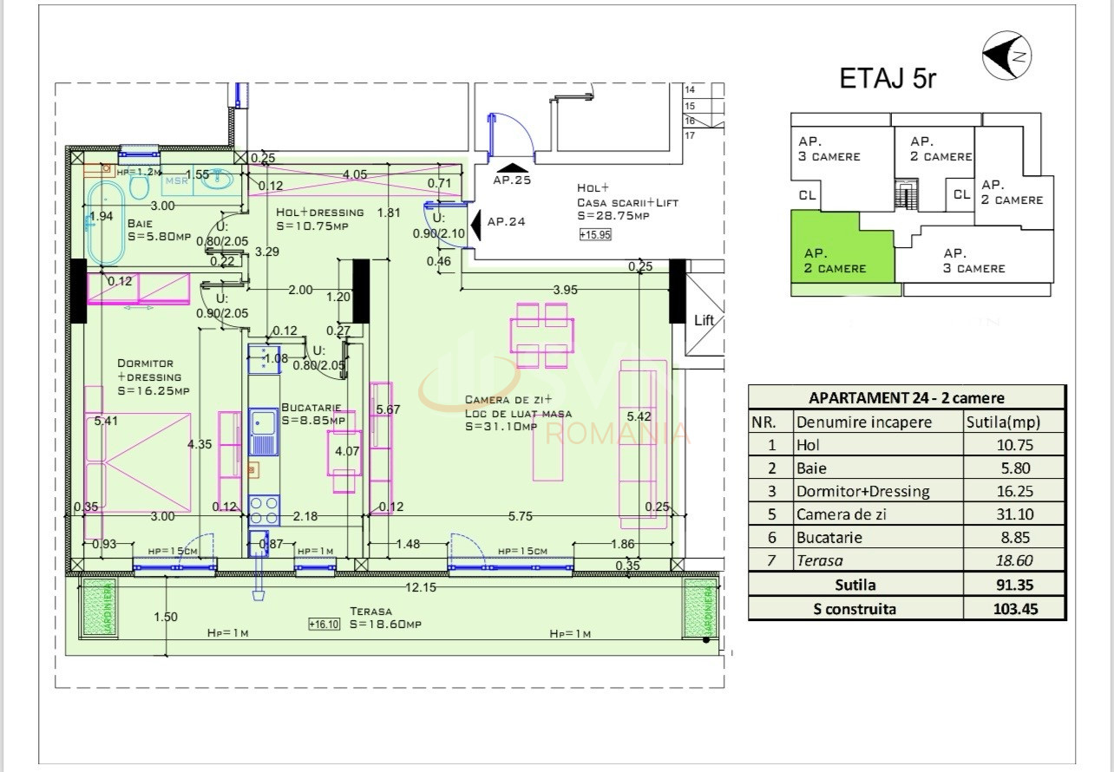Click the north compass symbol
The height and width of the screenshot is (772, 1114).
pos(1006,56)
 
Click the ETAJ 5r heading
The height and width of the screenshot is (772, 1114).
pos(888,79)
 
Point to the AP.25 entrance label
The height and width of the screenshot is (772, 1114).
pos(511,180)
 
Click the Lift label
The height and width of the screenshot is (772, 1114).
pos(704,320)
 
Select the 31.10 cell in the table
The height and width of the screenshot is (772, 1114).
pos(1014,514)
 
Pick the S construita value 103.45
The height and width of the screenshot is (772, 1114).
pos(1014,608)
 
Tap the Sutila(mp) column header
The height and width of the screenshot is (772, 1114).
pos(1003,422)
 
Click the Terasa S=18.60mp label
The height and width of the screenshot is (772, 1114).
pos(385,618)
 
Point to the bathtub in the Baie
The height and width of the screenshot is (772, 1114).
pos(107,223)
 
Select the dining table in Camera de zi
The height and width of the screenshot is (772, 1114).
pos(542,334)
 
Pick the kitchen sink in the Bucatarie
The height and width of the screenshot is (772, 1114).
pos(264,432)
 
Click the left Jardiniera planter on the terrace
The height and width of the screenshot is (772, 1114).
pos(98,608)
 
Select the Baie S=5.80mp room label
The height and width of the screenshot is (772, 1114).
pos(158,230)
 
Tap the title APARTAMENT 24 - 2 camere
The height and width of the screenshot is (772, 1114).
pos(906,398)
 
